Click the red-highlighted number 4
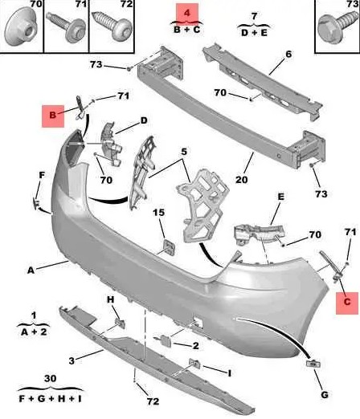tap(187, 13)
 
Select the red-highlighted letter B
tap(53, 115)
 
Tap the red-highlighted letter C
tap(347, 302)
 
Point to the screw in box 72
tap(112, 26)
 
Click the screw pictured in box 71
tap(66, 26)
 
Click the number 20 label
tap(241, 180)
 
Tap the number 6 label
tap(288, 54)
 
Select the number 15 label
tap(158, 213)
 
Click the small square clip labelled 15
tap(170, 248)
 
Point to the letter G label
tap(325, 395)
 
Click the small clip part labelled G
tap(313, 364)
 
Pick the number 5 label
tap(184, 152)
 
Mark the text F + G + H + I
tap(51, 399)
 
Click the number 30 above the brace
tap(51, 379)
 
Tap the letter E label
tap(280, 197)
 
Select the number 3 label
tap(72, 360)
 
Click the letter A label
tap(31, 271)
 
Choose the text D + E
tap(254, 33)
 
